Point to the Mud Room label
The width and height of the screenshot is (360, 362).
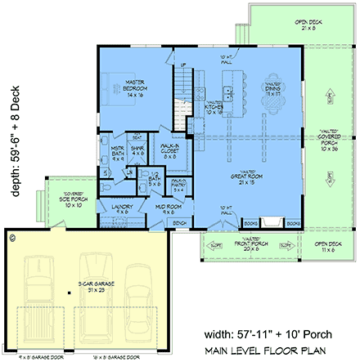[173, 209]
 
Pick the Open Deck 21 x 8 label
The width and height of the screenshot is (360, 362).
[286, 24]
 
